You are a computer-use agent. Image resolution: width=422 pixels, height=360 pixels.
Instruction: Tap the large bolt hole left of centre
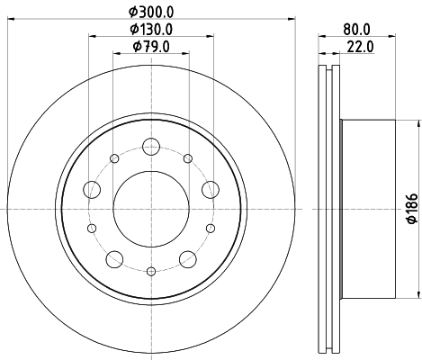[x=90, y=190]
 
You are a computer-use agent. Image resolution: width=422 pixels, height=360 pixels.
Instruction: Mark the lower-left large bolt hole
[x=113, y=259]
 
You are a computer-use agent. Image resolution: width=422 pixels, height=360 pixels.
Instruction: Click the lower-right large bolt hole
[x=187, y=259]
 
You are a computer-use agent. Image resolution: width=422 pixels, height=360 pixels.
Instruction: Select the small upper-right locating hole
[x=187, y=158]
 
